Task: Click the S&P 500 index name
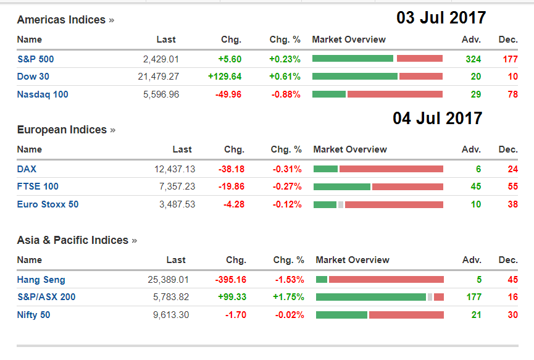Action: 36,59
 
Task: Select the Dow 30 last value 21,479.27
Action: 158,77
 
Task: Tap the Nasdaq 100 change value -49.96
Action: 227,94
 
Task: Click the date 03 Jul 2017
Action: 441,18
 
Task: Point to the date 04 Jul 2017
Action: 438,118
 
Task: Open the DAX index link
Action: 27,169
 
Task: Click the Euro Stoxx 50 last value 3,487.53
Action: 174,204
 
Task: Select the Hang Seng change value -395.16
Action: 230,280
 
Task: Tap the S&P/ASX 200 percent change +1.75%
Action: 288,297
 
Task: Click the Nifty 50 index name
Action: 34,315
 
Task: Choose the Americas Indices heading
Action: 62,20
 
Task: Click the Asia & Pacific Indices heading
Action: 73,240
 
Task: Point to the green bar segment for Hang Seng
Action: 322,280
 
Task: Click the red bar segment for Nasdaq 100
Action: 395,94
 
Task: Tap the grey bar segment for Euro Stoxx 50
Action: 341,204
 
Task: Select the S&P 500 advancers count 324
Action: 474,59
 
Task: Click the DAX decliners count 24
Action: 512,169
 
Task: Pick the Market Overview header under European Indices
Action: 350,149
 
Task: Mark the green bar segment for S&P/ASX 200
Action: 371,297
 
